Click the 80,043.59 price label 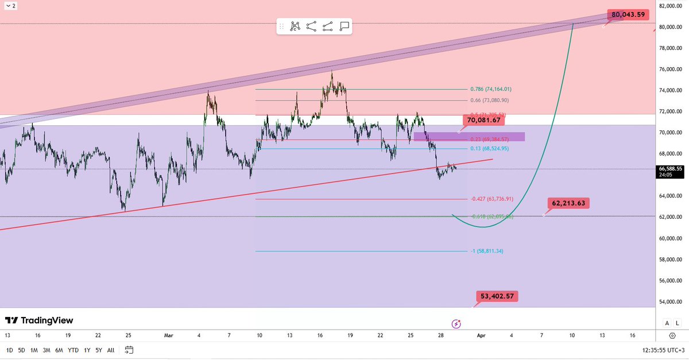pyautogui.click(x=629, y=14)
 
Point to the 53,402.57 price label pyautogui.click(x=496, y=296)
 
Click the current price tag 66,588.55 pyautogui.click(x=671, y=169)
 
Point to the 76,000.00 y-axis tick pyautogui.click(x=671, y=69)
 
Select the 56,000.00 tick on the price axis pyautogui.click(x=671, y=280)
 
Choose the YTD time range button pyautogui.click(x=73, y=350)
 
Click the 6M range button pyautogui.click(x=59, y=350)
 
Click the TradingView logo pyautogui.click(x=39, y=320)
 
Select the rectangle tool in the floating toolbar pyautogui.click(x=344, y=26)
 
